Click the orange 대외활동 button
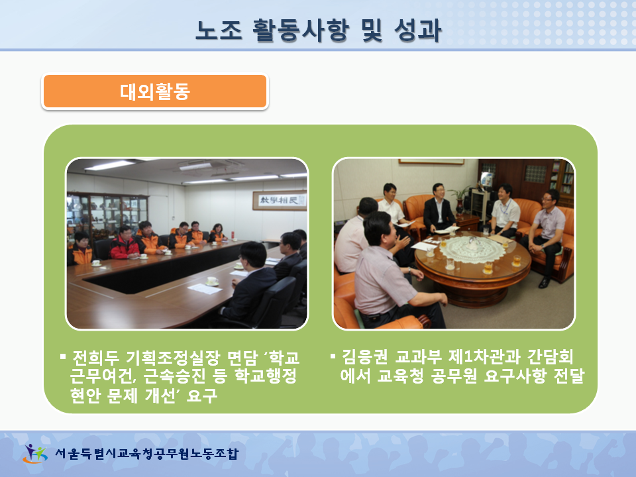pos(155,91)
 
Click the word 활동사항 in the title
pos(301,30)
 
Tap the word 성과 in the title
pos(417,30)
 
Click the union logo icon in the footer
pos(35,453)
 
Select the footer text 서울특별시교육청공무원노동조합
pos(146,453)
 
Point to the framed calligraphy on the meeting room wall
pos(280,200)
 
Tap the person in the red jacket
pos(124,243)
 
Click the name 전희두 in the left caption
pos(95,357)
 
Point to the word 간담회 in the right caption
pos(551,357)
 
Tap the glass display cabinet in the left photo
pos(107,215)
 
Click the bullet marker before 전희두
pos(63,357)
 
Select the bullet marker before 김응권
pos(333,356)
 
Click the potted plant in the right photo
pos(459,199)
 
